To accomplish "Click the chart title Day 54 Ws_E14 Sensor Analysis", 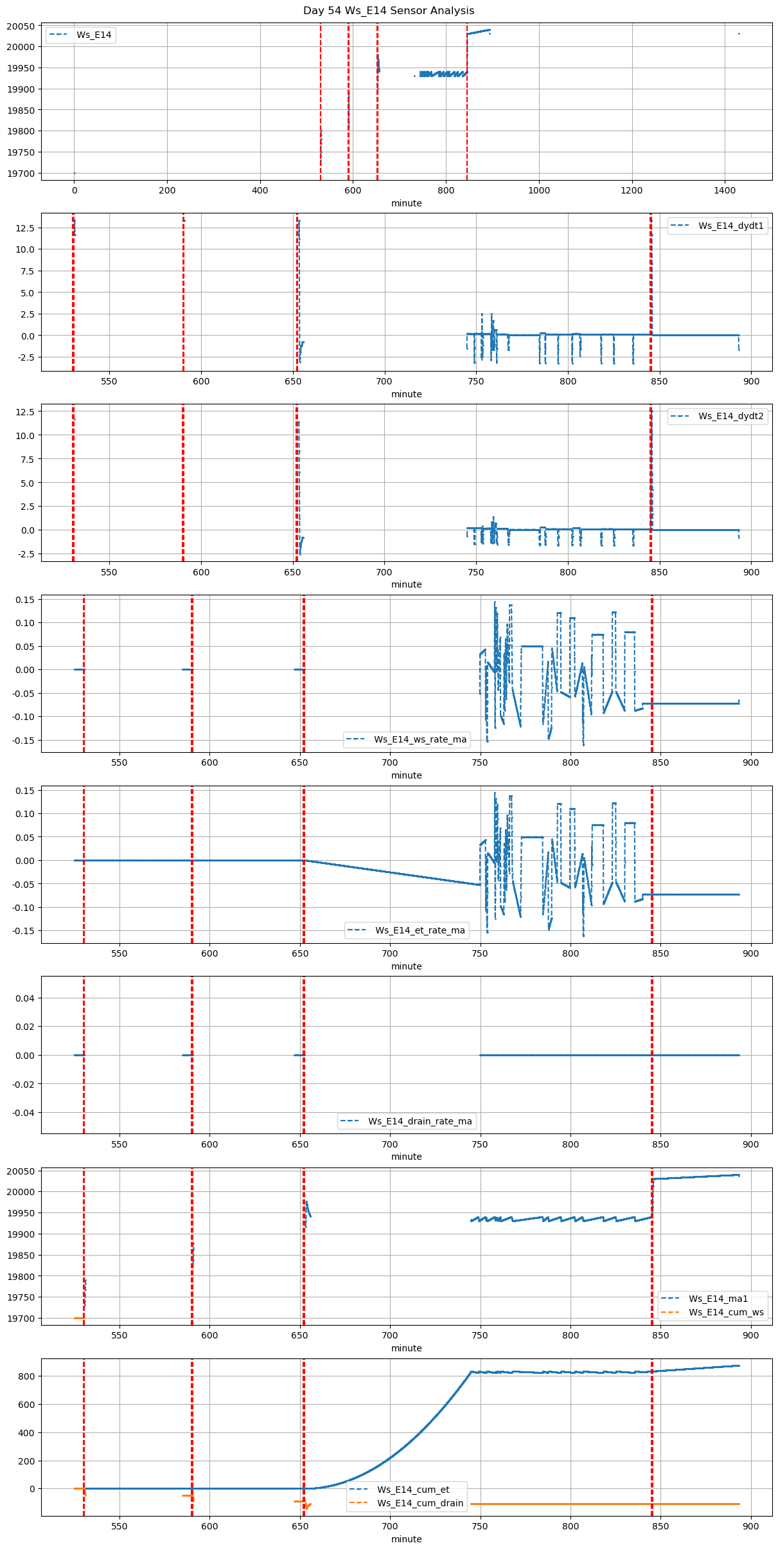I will (389, 11).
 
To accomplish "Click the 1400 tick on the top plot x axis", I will (725, 190).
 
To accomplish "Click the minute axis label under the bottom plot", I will (407, 1539).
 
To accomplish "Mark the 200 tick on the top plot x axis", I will (167, 190).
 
